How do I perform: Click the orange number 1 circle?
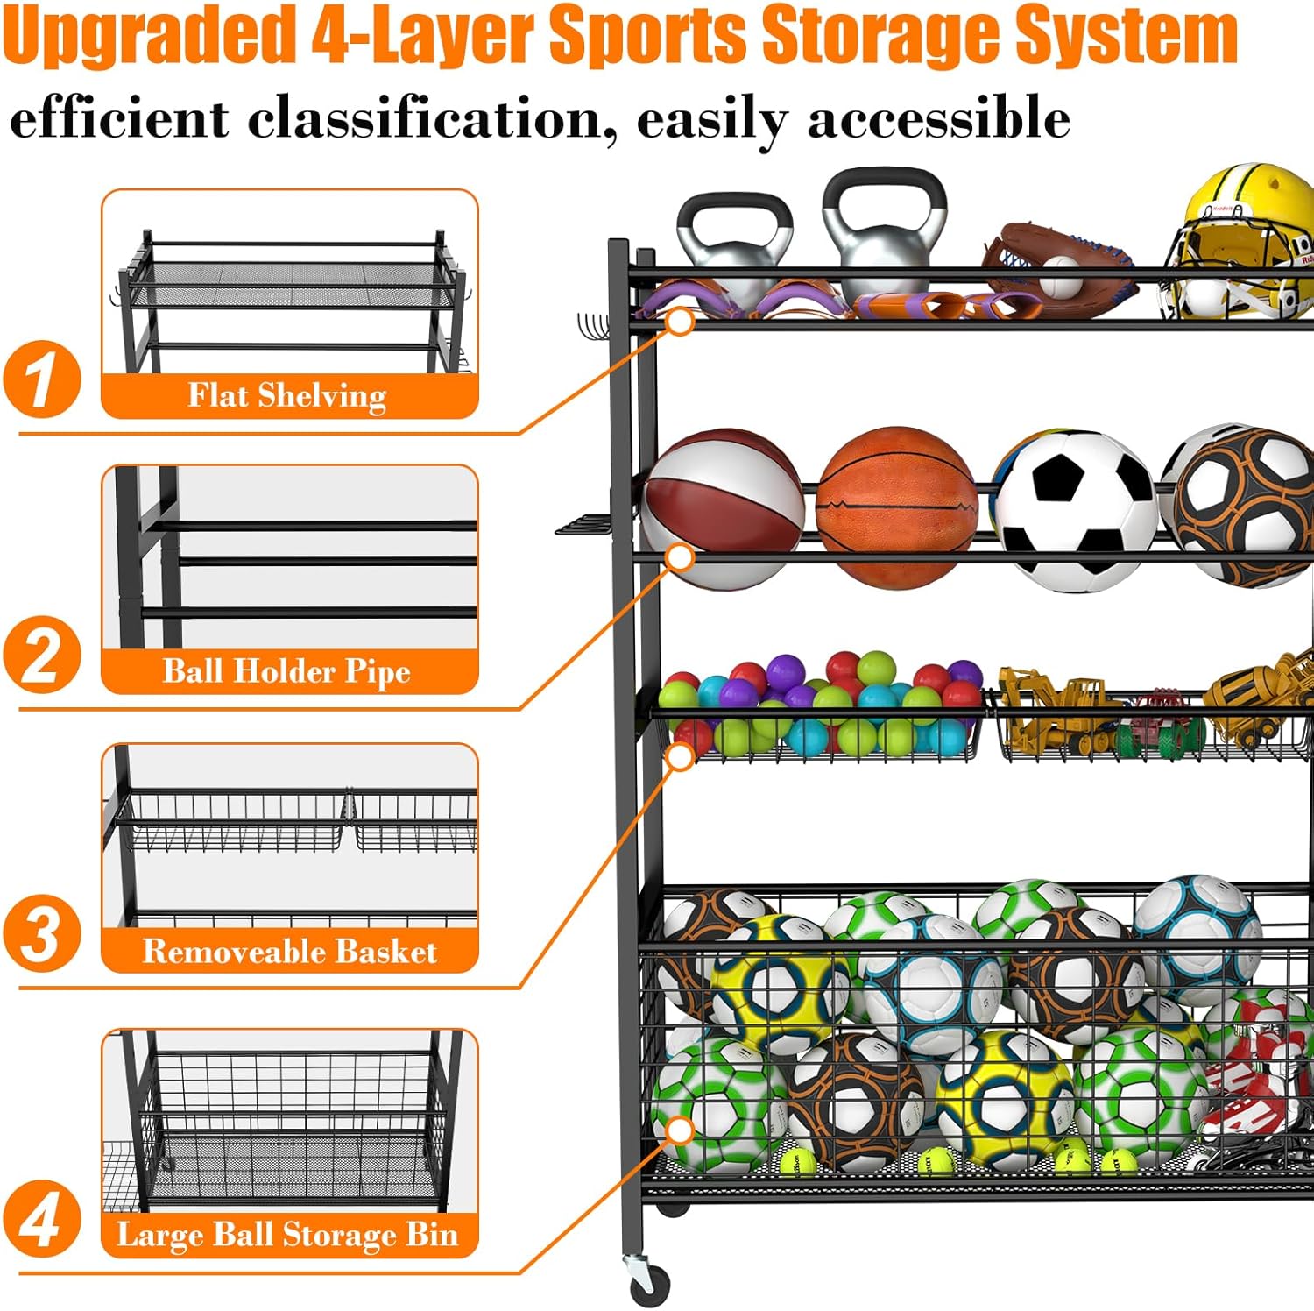(x=41, y=379)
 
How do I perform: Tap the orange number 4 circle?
(x=41, y=1219)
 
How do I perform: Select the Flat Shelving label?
(x=287, y=396)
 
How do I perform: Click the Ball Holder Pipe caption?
(x=287, y=672)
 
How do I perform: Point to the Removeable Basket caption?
(x=289, y=952)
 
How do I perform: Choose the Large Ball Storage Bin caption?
(x=287, y=1235)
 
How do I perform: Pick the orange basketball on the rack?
(x=897, y=506)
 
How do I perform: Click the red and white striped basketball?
(x=724, y=507)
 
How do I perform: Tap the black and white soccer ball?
(x=1077, y=510)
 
